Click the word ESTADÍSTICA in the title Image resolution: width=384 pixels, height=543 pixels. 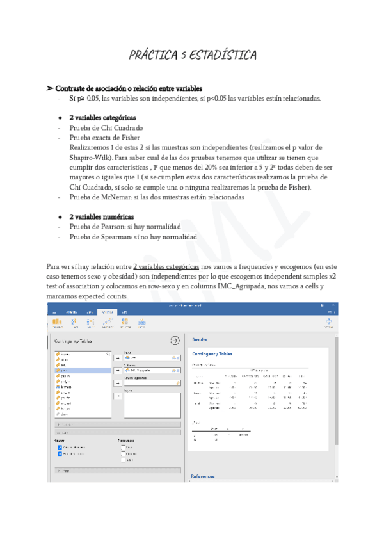tap(222, 56)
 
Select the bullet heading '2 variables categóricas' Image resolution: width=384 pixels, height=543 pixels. tap(102, 118)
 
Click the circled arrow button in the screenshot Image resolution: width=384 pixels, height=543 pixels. tap(174, 341)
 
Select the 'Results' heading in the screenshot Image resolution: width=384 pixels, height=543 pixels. tap(200, 339)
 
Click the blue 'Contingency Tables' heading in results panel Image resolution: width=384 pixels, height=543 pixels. tap(212, 353)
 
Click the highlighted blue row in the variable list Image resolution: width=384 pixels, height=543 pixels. tap(83, 370)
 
